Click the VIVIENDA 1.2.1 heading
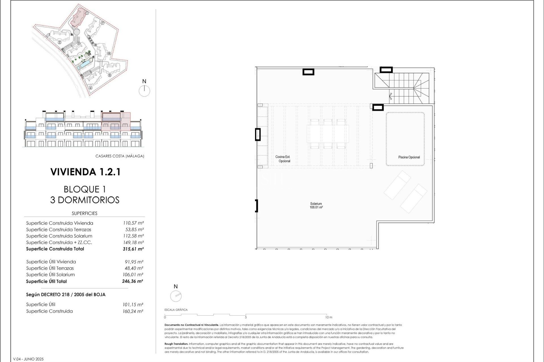85,172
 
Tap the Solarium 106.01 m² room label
316,205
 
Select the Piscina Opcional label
409,157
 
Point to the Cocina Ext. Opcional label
283,159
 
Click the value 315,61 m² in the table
133,249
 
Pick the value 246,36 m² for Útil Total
133,281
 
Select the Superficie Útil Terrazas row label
50,268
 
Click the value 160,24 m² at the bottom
133,311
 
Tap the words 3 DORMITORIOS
85,200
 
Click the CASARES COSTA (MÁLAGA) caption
120,156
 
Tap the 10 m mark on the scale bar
329,317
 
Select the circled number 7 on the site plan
103,23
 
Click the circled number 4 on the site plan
91,88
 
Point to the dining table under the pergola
328,134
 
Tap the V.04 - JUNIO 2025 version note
28,359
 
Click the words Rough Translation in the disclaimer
176,344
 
